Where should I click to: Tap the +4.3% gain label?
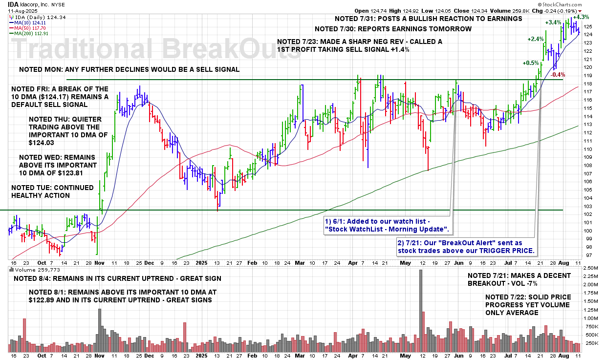pyautogui.click(x=581, y=17)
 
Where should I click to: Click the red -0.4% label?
pyautogui.click(x=559, y=75)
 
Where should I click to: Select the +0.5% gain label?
pyautogui.click(x=531, y=63)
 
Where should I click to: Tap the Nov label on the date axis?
pyautogui.click(x=100, y=262)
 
